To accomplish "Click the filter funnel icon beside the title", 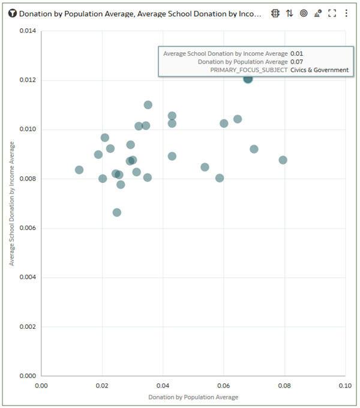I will [x=13, y=13].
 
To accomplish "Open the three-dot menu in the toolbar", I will [x=346, y=13].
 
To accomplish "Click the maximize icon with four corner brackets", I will [x=332, y=13].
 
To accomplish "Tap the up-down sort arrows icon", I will [x=290, y=13].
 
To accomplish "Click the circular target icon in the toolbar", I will [x=304, y=13].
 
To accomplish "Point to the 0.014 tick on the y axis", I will [x=28, y=31].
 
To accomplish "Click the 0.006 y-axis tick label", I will [x=28, y=228].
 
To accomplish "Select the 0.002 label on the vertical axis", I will [x=28, y=327].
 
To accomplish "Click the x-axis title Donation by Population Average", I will [x=193, y=397].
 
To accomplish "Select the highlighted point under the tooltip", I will [x=248, y=79].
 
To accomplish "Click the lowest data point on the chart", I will [x=117, y=212].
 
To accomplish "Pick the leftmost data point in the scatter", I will [x=79, y=170].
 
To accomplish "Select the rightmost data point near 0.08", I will [x=283, y=160].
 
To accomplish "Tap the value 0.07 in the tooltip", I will [x=296, y=62].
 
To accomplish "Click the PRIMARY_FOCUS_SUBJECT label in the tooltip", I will [x=248, y=70].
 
